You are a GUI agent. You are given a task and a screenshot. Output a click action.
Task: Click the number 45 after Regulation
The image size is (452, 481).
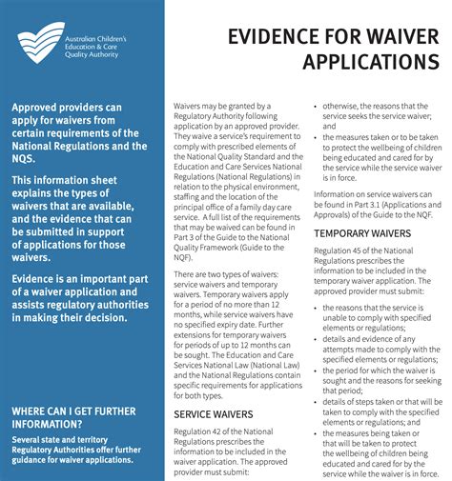(363, 250)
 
